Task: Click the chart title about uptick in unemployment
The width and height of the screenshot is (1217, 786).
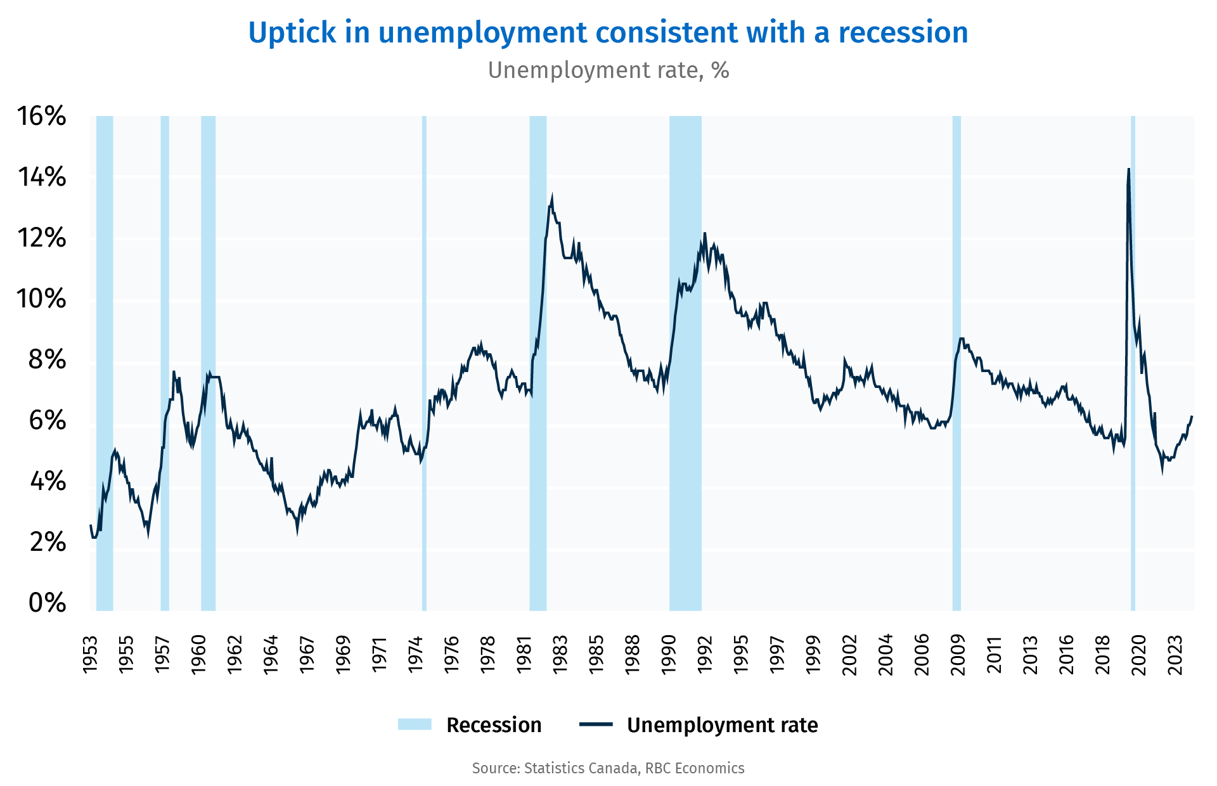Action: coord(608,33)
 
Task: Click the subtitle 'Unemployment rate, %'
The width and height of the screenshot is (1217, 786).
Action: coord(608,70)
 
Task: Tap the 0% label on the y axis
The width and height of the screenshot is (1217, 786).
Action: coord(48,603)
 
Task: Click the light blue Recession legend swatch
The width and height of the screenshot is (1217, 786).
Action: coord(415,725)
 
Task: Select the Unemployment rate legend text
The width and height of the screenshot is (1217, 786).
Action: coord(722,725)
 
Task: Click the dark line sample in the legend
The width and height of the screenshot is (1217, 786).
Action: coord(596,725)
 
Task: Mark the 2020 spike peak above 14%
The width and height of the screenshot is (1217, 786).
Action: coord(1128,169)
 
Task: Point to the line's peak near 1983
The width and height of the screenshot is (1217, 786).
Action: coord(552,196)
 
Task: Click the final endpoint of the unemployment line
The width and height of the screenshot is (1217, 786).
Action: coord(1192,416)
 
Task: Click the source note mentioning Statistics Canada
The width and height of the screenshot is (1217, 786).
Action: coord(608,768)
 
